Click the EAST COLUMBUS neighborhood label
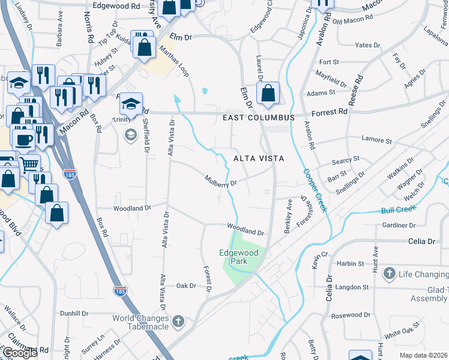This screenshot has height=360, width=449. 259,118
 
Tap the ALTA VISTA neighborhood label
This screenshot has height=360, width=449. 258,158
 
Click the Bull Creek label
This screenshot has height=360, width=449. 397,210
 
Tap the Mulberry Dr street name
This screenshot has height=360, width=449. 221,181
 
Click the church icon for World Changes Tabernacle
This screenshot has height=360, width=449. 177,322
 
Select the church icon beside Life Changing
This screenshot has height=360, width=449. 390,274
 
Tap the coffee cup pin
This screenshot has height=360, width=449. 24,140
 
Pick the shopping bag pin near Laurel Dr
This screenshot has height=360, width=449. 268,93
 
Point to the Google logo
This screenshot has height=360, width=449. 20,353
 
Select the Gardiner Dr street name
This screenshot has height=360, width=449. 399,226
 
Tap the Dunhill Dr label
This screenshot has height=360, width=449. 76,313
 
